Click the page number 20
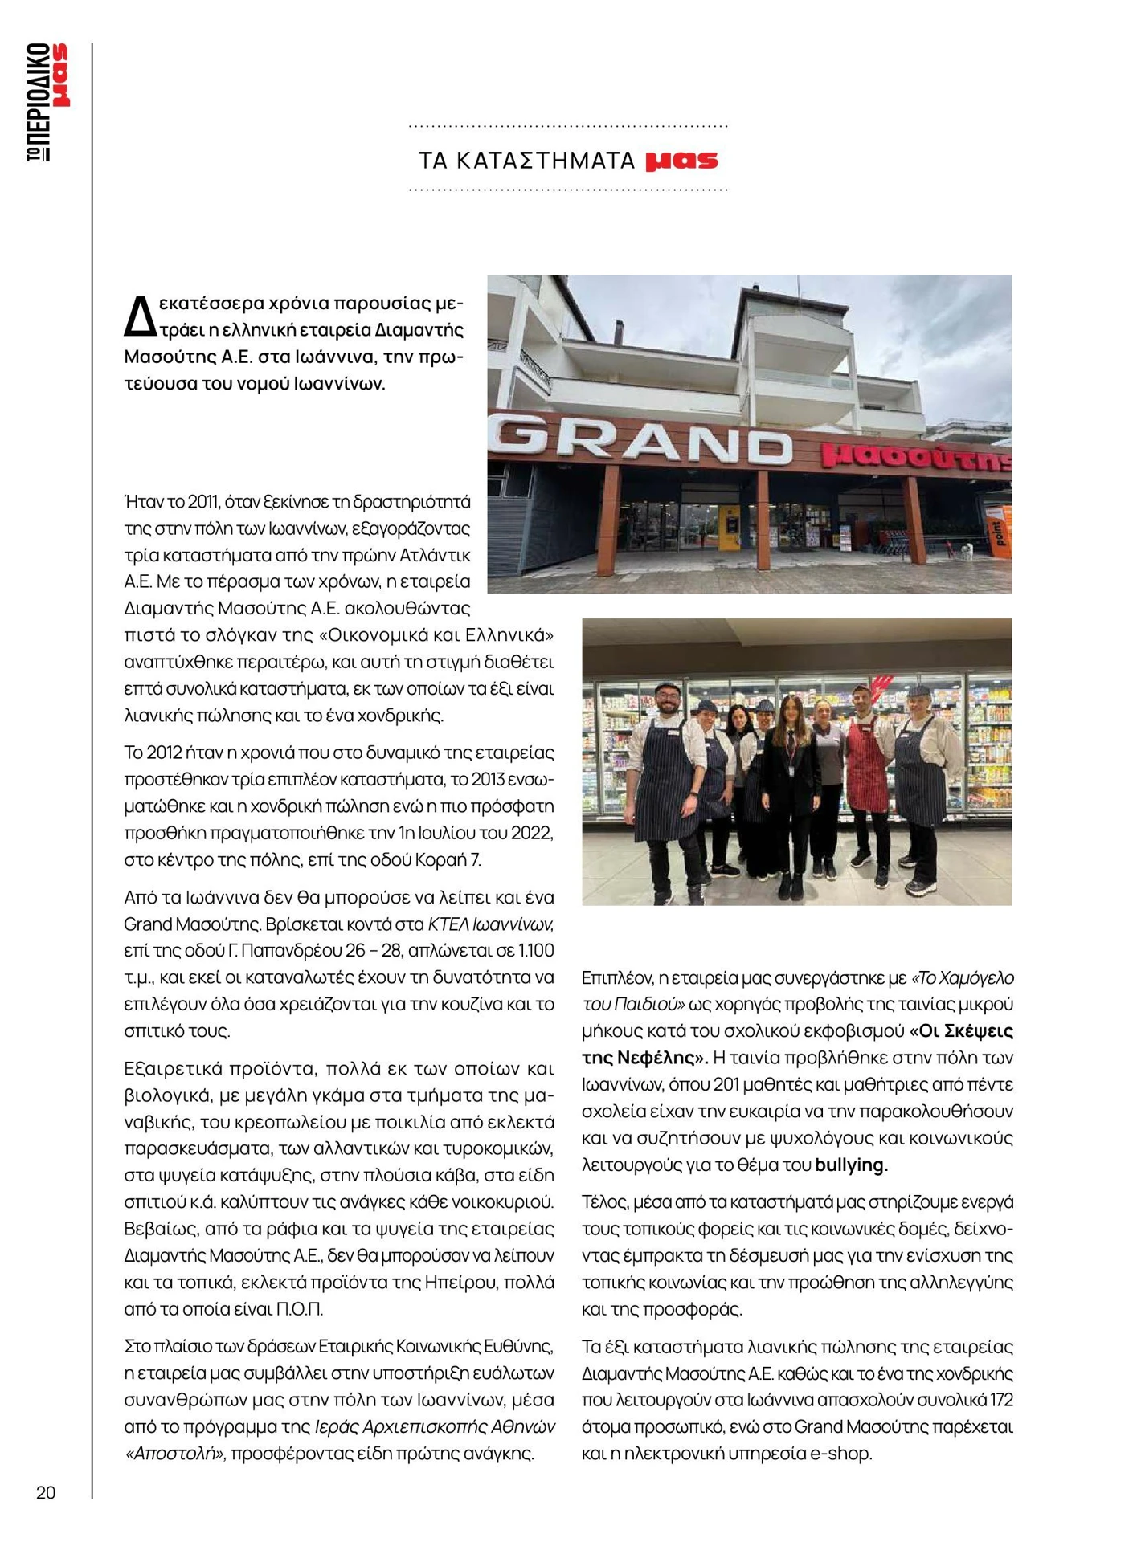46,1492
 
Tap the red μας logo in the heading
681,161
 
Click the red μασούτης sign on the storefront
914,457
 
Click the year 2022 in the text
532,832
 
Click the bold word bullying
850,1165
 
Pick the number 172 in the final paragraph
1000,1400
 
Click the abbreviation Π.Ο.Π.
299,1309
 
